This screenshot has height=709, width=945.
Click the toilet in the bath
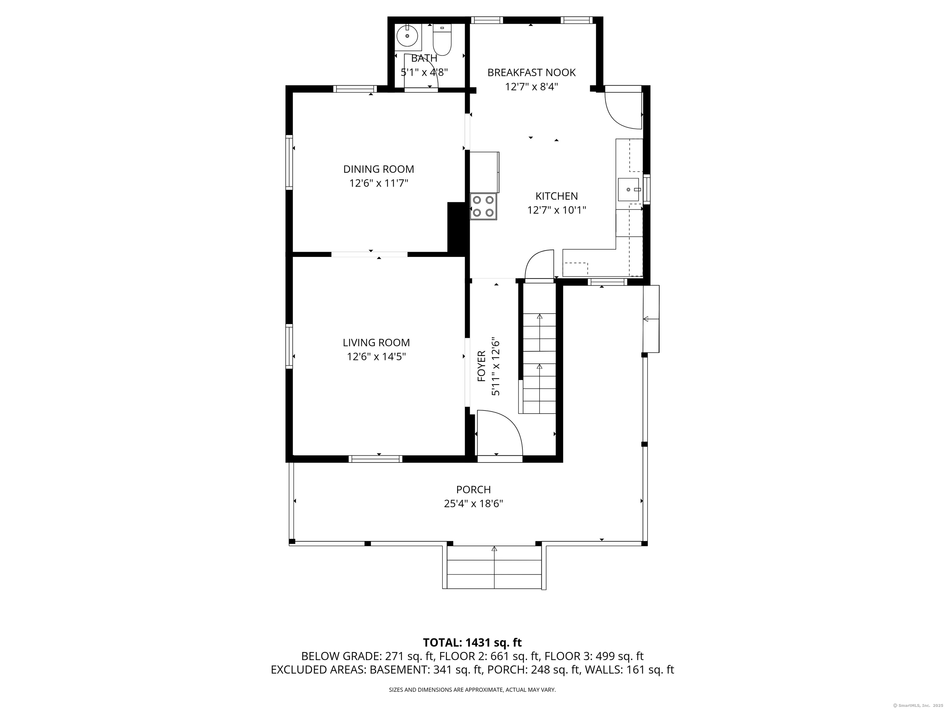coord(442,42)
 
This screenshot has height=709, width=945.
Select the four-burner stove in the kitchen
coord(483,207)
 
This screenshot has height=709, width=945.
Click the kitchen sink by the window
coord(628,189)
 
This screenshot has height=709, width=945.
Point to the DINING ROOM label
coord(378,169)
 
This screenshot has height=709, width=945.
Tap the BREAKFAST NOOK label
coord(532,73)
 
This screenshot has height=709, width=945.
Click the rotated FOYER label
coord(481,366)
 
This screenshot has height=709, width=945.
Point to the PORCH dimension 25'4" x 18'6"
coord(473,504)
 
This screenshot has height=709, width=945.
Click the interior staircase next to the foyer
coord(539,363)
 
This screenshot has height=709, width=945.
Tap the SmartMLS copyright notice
coord(916,706)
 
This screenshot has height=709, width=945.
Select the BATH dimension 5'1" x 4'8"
coord(424,72)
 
